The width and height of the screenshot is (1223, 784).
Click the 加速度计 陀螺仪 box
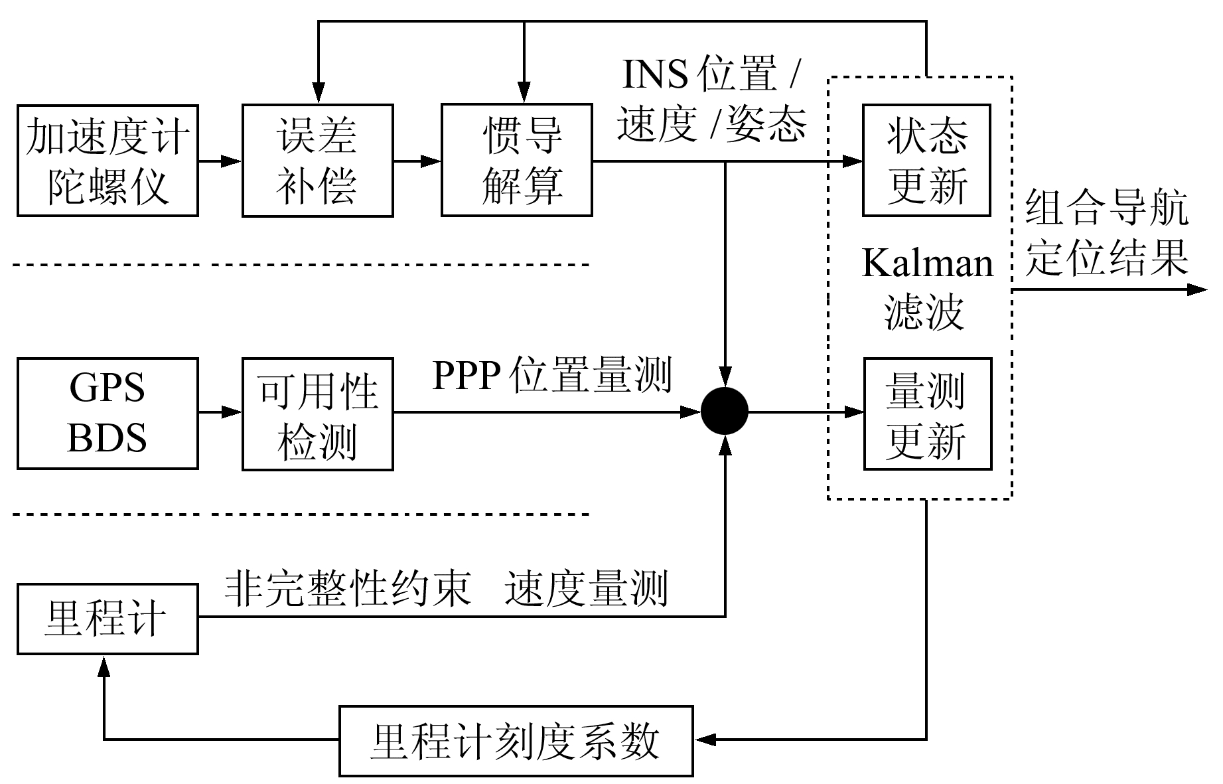click(x=108, y=161)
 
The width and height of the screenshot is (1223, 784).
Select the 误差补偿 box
click(x=317, y=161)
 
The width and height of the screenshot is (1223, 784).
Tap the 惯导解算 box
click(x=516, y=161)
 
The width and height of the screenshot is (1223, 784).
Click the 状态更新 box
click(x=926, y=161)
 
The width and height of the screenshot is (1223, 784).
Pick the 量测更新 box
click(x=927, y=414)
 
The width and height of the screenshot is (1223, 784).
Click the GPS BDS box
click(x=108, y=414)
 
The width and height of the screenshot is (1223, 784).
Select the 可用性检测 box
click(x=317, y=414)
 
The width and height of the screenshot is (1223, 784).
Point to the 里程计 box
click(x=108, y=619)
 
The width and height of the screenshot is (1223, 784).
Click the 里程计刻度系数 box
click(x=516, y=741)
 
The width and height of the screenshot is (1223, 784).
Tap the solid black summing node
click(x=725, y=412)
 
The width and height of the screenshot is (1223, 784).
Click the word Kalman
click(x=927, y=264)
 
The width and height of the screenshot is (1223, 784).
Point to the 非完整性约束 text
click(x=348, y=588)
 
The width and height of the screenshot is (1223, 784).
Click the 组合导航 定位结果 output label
click(x=1107, y=234)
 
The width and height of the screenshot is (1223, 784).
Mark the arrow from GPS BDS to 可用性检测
click(x=220, y=413)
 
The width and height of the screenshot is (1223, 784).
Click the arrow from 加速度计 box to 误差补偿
click(x=220, y=161)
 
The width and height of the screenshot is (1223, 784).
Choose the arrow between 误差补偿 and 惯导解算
click(x=417, y=161)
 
